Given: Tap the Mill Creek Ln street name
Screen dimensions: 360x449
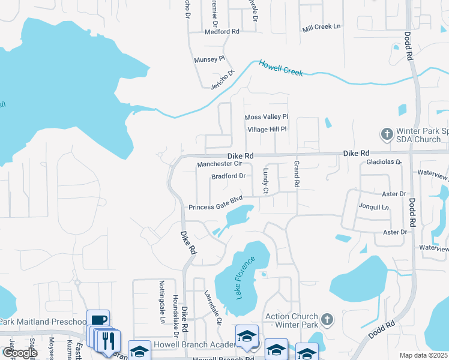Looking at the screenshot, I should pyautogui.click(x=322, y=27).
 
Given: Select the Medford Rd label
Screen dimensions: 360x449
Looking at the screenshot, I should pyautogui.click(x=222, y=31).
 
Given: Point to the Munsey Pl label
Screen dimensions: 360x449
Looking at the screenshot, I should pyautogui.click(x=209, y=59).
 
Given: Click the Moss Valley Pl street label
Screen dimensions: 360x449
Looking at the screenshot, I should pyautogui.click(x=267, y=116).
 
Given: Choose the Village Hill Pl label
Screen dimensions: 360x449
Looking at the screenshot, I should pyautogui.click(x=268, y=129).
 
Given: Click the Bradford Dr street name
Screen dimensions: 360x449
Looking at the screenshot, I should pyautogui.click(x=229, y=176).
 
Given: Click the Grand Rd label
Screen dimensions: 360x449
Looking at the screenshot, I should pyautogui.click(x=297, y=175).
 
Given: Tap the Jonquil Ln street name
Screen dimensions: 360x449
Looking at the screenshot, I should pyautogui.click(x=377, y=208).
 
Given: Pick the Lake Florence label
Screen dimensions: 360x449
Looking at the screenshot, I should pyautogui.click(x=245, y=277).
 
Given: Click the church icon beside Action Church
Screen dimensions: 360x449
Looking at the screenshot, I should pyautogui.click(x=327, y=319).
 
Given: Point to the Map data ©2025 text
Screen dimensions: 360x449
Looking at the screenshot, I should pyautogui.click(x=423, y=355).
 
